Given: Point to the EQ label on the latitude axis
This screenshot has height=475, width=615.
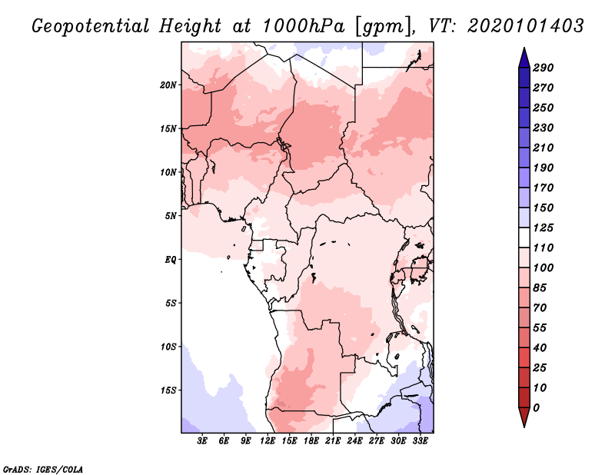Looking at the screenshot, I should (171, 259).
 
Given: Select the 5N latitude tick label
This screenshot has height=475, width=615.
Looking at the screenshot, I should (171, 215).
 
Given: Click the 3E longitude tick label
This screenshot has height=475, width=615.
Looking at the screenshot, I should (203, 440).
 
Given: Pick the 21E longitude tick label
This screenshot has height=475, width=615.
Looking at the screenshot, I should (333, 440).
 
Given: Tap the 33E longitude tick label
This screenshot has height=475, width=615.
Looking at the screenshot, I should (420, 440).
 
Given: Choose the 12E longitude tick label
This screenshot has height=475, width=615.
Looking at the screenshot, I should (268, 440).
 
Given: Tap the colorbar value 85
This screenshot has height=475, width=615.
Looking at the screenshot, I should (540, 287).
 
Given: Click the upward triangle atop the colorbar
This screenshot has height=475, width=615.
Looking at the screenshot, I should (523, 57).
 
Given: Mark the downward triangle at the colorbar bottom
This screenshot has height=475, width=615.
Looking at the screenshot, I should (523, 417).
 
